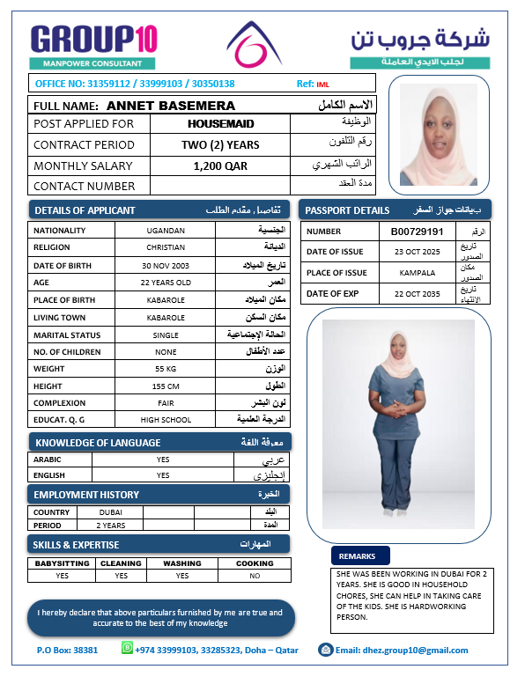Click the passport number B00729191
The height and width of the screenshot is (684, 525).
417,231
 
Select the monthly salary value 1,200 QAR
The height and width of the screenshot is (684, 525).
220,165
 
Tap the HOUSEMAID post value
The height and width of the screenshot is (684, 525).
220,124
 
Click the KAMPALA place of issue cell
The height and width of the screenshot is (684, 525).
417,273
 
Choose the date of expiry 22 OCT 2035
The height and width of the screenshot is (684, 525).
417,294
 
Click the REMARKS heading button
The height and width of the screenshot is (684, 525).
357,556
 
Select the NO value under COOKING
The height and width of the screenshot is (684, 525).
255,576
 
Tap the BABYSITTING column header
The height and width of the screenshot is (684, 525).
62,563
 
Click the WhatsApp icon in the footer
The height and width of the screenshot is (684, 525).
127,649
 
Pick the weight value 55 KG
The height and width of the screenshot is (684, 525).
166,368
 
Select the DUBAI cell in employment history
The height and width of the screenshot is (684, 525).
111,511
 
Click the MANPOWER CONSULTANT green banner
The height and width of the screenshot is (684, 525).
92,63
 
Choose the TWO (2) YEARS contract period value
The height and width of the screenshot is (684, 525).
220,145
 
